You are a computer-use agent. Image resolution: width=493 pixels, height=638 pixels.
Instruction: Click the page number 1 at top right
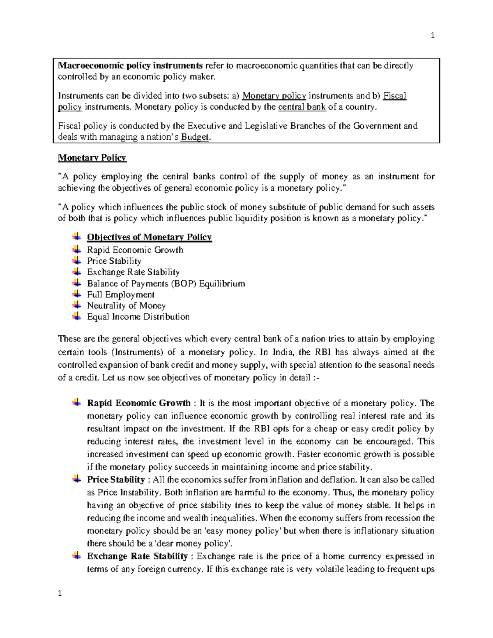click(433, 35)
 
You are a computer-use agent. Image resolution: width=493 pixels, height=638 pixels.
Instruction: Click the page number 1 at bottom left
click(60, 593)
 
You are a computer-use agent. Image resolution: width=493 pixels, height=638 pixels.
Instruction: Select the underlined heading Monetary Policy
click(92, 158)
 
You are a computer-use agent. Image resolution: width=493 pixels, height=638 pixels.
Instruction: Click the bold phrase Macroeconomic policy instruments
click(130, 66)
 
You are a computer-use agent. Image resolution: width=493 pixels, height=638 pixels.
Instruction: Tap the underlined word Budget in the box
click(195, 137)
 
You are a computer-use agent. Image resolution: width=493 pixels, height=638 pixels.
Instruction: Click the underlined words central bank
click(302, 107)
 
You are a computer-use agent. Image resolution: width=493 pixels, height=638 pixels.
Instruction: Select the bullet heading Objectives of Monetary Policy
click(149, 237)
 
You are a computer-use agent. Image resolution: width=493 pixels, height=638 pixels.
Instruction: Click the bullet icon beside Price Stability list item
click(76, 260)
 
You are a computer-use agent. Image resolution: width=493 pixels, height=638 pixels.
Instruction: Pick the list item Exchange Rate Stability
click(133, 272)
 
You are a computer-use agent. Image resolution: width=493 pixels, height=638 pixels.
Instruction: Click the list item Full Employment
click(121, 295)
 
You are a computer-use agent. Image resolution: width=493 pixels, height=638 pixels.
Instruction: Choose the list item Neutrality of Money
click(126, 306)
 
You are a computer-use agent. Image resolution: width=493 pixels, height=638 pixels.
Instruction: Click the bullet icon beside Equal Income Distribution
click(76, 316)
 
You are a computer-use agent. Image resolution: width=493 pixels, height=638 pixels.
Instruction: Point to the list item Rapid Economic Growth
click(135, 250)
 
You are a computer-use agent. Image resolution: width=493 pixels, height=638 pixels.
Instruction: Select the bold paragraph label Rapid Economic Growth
click(138, 403)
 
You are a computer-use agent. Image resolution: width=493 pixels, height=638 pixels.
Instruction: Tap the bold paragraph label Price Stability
click(116, 480)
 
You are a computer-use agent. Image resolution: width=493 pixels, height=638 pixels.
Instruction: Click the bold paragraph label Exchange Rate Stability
click(137, 556)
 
